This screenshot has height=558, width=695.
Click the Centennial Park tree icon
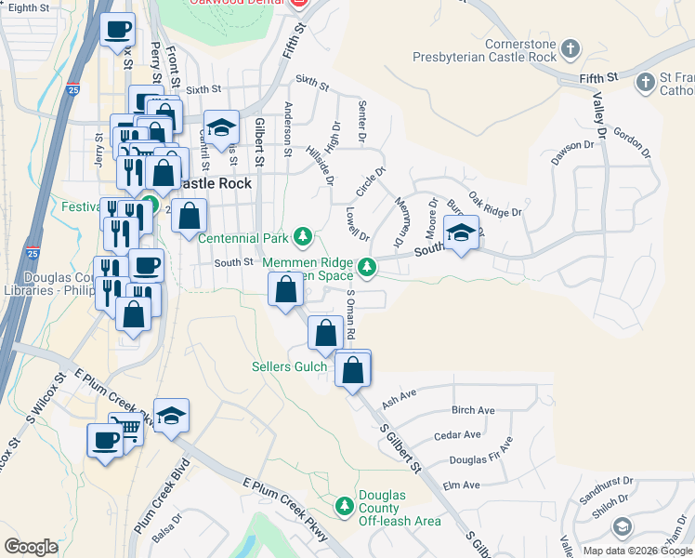(302, 238)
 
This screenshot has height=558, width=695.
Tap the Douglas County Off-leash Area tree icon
(345, 505)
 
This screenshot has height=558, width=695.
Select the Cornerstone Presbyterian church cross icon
(571, 47)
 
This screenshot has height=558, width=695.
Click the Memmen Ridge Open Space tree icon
(368, 268)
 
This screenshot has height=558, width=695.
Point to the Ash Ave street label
(399, 394)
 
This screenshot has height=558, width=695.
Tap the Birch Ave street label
(473, 410)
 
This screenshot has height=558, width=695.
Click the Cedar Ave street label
(457, 434)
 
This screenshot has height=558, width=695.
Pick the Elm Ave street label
(462, 485)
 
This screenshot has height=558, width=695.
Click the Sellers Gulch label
(289, 366)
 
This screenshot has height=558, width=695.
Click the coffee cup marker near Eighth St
(117, 30)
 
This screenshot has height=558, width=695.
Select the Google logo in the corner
(31, 547)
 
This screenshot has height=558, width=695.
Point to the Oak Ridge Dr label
(495, 206)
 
